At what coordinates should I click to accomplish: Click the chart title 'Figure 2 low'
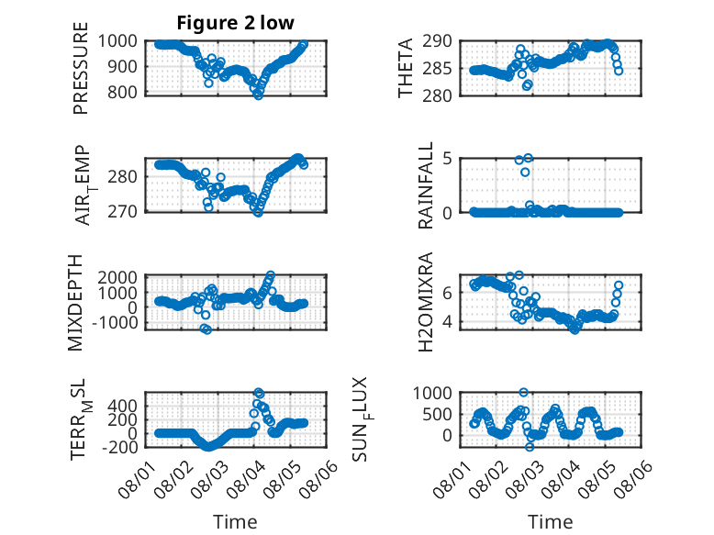point(236,23)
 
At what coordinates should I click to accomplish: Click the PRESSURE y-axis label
point(80,68)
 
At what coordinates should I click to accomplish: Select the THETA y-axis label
point(405,68)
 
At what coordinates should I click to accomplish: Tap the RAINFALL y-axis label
point(425,185)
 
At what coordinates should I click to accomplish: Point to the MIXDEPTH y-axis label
point(75,302)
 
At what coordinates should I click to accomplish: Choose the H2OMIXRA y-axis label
point(425,302)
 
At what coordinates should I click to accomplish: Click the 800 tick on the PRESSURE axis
point(121,93)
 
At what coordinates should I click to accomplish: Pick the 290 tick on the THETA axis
point(437,41)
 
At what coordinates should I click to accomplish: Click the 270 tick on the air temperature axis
point(121,212)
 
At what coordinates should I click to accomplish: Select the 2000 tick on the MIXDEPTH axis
point(117,277)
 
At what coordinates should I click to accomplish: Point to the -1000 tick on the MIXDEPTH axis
point(115,323)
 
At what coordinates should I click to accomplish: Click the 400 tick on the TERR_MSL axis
point(121,406)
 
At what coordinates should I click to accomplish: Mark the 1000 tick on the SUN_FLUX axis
point(432,393)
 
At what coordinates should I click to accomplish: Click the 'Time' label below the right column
point(550,522)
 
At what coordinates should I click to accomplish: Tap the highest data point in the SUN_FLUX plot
point(524,392)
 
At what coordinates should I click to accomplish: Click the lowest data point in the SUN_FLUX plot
point(530,447)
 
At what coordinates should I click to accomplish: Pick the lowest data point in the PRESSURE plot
point(258,95)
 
